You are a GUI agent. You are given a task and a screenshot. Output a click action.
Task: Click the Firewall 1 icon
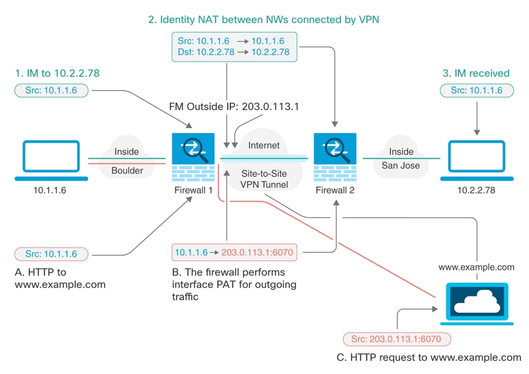click(193, 157)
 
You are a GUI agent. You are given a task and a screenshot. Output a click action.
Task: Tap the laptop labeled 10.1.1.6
click(51, 159)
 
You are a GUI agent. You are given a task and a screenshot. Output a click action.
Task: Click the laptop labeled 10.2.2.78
click(477, 159)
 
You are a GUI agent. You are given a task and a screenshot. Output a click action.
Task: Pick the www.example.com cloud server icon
click(477, 303)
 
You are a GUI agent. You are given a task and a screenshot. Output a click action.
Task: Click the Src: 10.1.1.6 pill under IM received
click(477, 91)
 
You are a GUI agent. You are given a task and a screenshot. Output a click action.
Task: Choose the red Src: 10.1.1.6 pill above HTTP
click(51, 254)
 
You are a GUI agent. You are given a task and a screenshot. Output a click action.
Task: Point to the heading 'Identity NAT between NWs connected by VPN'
click(263, 19)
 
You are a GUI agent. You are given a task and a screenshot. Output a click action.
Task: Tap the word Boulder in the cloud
click(127, 171)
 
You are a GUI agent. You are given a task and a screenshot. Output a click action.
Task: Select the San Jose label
click(401, 165)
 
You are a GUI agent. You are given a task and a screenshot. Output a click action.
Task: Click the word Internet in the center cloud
click(263, 145)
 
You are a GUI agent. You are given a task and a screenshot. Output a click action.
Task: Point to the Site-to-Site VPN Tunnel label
click(264, 179)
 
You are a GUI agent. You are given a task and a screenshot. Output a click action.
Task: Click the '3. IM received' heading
click(476, 74)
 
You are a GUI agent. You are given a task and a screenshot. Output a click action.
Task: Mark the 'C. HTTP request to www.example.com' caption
click(428, 357)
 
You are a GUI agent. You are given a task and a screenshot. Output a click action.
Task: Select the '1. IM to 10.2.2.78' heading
click(57, 74)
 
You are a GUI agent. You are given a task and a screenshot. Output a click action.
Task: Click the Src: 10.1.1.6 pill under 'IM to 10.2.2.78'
click(51, 91)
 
